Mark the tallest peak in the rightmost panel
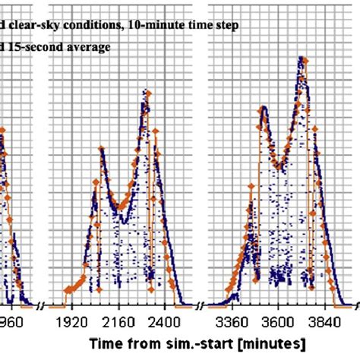(x=302, y=58)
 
